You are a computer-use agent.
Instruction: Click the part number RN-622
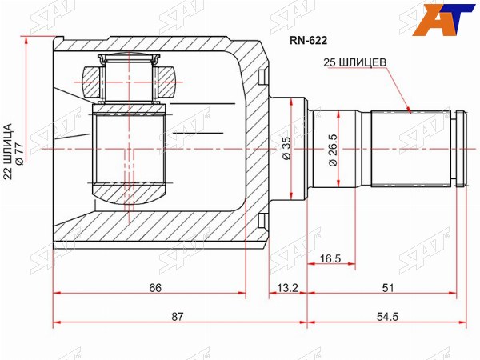[x=309, y=41]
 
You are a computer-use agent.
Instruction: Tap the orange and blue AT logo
[x=443, y=19]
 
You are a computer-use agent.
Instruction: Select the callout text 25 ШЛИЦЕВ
[x=355, y=62]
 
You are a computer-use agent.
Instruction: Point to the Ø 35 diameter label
[x=286, y=148]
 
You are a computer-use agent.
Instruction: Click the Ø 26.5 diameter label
[x=333, y=150]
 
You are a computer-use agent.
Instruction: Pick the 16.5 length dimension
[x=330, y=258]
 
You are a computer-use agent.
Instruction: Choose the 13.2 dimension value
[x=287, y=288]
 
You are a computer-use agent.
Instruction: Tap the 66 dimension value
[x=155, y=288]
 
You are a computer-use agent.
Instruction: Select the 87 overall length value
[x=178, y=317]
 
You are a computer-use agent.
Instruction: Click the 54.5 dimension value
[x=387, y=317]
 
